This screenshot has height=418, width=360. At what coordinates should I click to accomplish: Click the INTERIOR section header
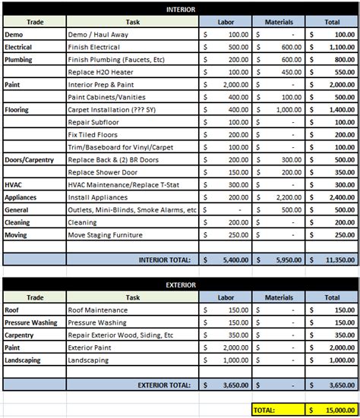point(180,9)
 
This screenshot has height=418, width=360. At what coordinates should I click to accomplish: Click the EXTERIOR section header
point(180,285)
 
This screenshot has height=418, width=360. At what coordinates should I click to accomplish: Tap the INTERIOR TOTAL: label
point(164,259)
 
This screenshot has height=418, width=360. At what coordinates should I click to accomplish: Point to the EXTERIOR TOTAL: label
point(163,385)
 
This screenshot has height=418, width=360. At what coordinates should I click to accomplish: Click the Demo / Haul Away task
point(99,35)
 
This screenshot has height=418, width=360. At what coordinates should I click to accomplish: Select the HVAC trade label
point(14,184)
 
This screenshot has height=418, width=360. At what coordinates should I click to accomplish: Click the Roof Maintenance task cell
point(98,310)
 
